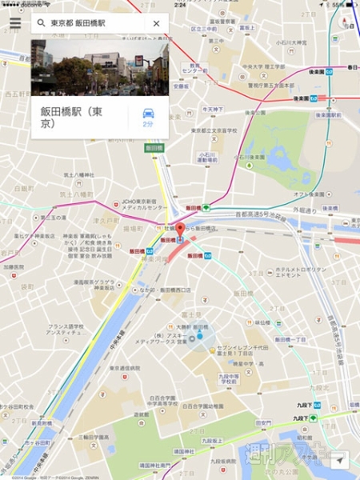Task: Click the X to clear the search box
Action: pos(156,24)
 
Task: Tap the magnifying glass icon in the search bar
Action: pos(41,24)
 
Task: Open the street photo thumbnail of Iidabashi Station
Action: pos(99,67)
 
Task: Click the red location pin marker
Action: pos(180,233)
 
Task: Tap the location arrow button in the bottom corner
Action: pos(341,462)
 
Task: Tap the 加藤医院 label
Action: pos(14,266)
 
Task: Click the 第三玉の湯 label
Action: pos(58,217)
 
